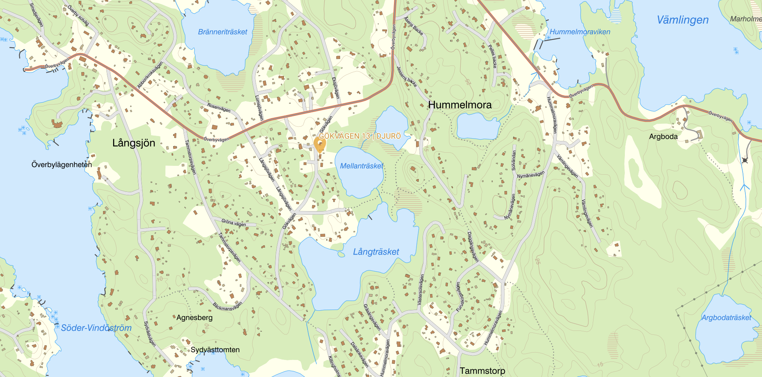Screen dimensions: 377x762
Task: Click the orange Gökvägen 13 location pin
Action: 320,145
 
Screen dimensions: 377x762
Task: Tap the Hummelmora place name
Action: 460,105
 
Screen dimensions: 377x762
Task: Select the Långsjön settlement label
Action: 134,143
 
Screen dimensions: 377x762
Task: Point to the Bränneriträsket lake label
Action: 222,32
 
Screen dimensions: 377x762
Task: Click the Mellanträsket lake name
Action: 361,166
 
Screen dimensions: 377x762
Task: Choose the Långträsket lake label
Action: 376,252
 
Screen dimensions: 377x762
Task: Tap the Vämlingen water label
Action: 683,20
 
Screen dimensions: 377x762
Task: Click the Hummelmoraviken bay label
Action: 580,32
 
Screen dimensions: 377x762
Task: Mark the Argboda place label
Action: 663,136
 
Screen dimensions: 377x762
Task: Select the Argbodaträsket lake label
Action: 726,318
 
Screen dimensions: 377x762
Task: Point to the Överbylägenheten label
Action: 62,165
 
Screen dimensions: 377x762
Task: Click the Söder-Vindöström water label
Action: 96,328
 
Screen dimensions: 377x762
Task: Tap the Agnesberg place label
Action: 194,318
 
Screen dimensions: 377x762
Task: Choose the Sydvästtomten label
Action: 215,349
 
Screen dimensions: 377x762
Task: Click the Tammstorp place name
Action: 482,371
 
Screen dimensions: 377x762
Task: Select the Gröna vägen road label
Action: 234,223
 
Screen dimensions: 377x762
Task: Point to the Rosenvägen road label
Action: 219,108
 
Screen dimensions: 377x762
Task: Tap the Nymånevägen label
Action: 531,175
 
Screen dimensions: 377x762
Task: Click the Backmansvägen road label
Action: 227,306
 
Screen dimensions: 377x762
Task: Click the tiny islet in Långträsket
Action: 341,254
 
